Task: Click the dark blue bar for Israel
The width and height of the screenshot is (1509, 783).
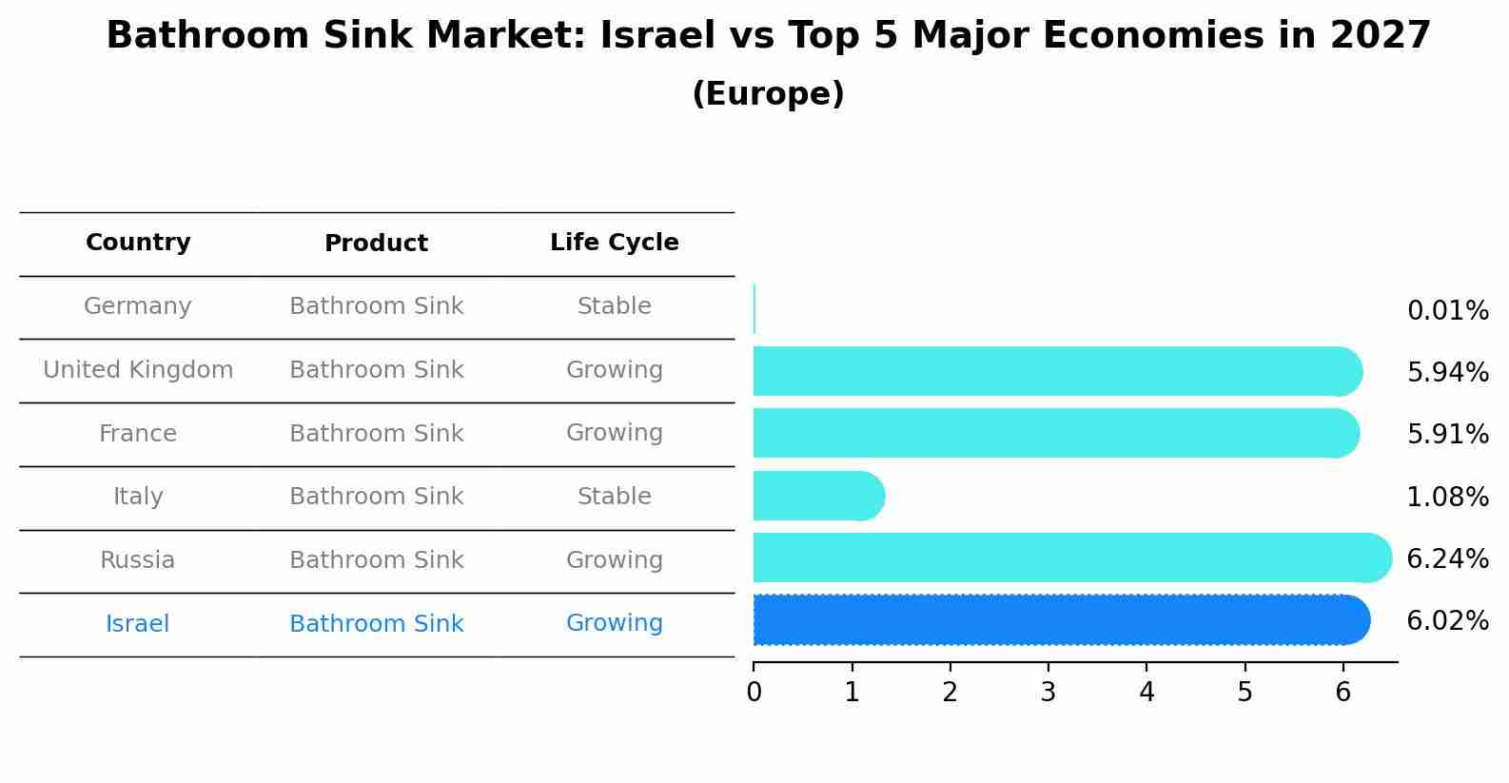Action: (1061, 620)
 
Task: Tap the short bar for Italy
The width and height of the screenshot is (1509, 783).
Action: (818, 496)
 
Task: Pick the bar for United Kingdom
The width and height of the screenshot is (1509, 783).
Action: (1057, 371)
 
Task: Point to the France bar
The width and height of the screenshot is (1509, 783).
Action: (1056, 433)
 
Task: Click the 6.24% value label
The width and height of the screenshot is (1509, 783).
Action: (1447, 558)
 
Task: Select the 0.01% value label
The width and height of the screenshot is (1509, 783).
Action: (1447, 311)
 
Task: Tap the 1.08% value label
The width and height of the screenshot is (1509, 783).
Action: (1447, 497)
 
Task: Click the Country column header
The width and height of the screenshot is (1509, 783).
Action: (138, 243)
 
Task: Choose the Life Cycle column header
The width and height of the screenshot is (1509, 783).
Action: (614, 243)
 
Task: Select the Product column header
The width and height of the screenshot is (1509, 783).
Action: (376, 244)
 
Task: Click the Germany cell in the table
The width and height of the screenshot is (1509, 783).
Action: (138, 306)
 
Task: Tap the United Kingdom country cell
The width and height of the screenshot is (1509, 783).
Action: (138, 370)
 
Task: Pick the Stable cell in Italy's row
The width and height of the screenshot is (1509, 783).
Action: (614, 497)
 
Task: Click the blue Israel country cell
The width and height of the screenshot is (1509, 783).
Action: (138, 624)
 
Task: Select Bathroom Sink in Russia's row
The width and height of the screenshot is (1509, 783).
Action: (376, 560)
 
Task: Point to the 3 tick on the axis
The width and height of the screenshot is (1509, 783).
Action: (1048, 692)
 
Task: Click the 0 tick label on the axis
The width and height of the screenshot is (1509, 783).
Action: (754, 692)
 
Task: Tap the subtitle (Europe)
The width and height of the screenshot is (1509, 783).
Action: (768, 94)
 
